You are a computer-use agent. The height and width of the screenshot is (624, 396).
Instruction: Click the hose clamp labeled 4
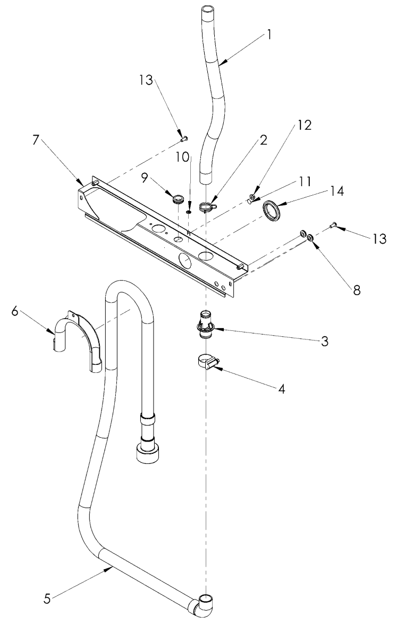pyautogui.click(x=207, y=365)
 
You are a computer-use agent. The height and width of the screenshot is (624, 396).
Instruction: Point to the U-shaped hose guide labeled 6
pyautogui.click(x=80, y=335)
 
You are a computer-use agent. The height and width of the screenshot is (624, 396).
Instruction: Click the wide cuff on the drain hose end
pyautogui.click(x=147, y=453)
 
